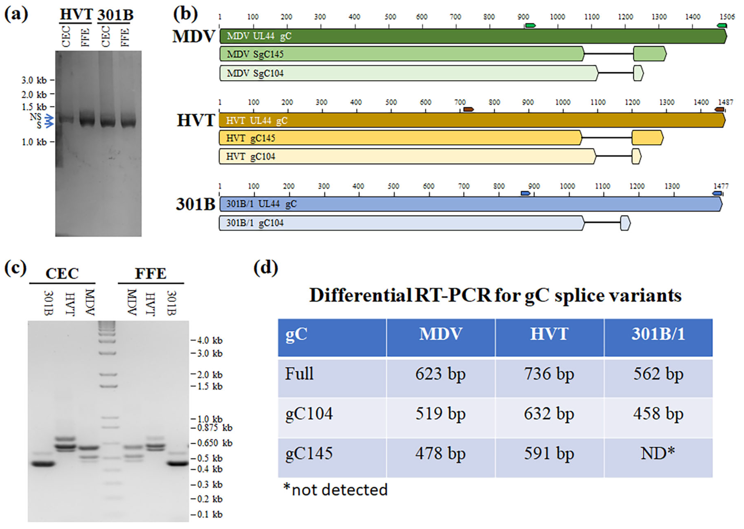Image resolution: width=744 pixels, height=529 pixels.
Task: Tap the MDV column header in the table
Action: point(441,334)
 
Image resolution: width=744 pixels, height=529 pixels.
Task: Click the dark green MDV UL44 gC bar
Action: point(473,36)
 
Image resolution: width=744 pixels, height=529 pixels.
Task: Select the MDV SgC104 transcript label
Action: point(255,73)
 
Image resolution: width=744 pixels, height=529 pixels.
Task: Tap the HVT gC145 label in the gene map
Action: point(251,138)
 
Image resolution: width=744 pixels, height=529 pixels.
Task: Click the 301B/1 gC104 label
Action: point(255,223)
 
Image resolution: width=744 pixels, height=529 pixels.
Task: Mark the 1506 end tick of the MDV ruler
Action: point(727,17)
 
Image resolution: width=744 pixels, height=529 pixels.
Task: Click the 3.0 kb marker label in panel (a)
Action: point(34,80)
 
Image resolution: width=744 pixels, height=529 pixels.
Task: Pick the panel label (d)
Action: point(266,268)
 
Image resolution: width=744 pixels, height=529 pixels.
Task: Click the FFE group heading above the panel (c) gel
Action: point(151,274)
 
